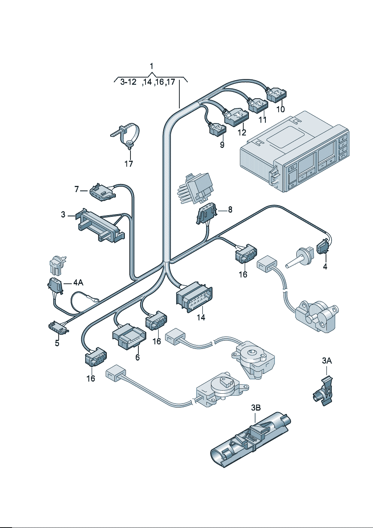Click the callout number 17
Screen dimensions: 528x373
(x=129, y=164)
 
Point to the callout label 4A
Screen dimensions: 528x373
(x=78, y=282)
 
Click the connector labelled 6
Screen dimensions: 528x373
(x=129, y=336)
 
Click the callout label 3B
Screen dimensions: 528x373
(x=256, y=408)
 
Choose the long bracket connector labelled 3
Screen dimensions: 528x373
(x=100, y=226)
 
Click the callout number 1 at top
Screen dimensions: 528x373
(x=152, y=66)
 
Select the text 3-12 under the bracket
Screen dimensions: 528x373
(x=128, y=82)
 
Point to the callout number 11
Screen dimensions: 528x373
(x=262, y=120)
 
